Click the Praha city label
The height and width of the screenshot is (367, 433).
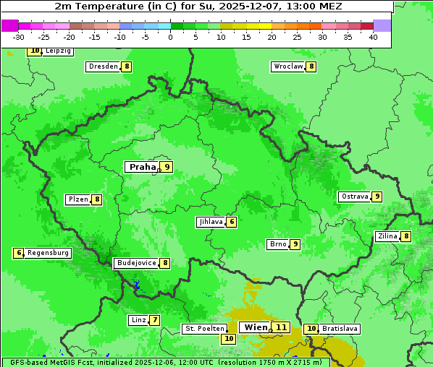(x=142, y=167)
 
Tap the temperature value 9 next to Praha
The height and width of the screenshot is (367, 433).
(x=167, y=167)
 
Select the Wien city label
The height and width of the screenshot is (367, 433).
(x=256, y=327)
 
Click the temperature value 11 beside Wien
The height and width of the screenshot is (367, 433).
(x=281, y=327)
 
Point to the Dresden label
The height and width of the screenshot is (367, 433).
(x=103, y=66)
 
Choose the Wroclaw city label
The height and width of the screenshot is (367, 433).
(x=287, y=66)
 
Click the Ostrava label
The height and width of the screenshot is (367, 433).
(x=355, y=197)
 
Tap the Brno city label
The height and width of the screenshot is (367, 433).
(x=277, y=244)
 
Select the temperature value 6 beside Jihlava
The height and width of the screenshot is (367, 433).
(x=231, y=222)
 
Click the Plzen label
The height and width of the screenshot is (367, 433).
(x=77, y=199)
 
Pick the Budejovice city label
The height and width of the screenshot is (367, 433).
(x=136, y=263)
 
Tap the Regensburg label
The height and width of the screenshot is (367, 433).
(x=49, y=253)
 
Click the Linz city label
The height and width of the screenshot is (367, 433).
(x=138, y=320)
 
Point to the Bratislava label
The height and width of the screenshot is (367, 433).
(x=340, y=329)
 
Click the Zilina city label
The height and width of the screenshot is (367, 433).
(x=387, y=236)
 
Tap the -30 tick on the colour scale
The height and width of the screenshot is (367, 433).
(x=19, y=37)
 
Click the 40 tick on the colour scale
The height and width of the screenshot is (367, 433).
(x=373, y=37)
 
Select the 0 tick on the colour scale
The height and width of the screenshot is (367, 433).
(x=171, y=37)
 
